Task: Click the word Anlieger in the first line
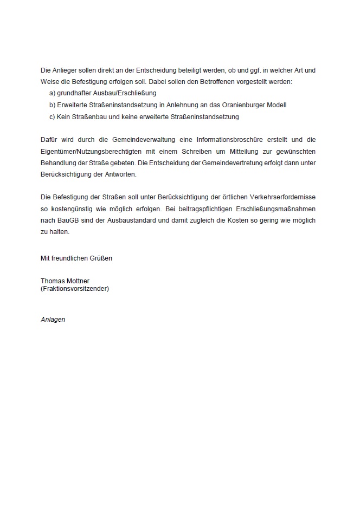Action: [65, 70]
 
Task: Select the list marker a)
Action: [52, 93]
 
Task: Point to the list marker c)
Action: [52, 116]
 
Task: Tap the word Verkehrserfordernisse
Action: [282, 198]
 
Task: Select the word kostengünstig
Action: [70, 210]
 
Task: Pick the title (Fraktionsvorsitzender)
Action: [75, 289]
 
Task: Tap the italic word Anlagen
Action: [53, 320]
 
